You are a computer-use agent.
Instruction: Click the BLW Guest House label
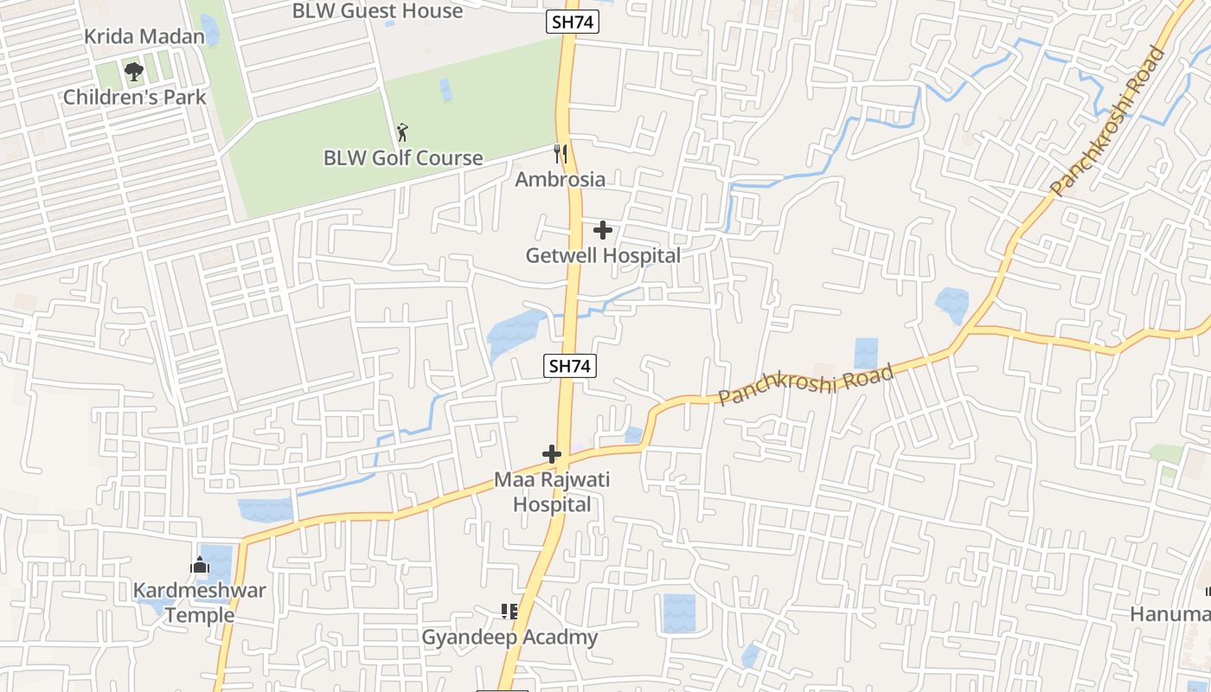pos(377,11)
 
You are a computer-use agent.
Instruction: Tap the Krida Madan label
pos(144,37)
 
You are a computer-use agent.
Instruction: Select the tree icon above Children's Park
pos(133,71)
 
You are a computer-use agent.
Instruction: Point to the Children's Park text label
pos(135,97)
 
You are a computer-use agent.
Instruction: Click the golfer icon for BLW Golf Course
pos(402,133)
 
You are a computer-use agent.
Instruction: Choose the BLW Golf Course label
pos(403,158)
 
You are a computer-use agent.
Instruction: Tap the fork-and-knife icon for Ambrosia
pos(561,154)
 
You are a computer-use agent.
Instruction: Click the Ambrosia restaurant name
pos(561,180)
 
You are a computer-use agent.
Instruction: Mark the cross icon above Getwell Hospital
pos(603,230)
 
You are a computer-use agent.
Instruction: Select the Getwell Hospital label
pos(603,256)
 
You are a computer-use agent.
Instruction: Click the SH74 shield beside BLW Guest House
pos(572,22)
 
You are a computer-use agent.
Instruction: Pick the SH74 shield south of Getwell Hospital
pos(570,366)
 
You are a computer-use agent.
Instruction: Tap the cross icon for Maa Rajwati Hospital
pos(552,453)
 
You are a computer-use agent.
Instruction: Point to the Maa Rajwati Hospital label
pos(553,492)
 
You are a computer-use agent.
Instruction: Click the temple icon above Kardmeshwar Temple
pos(201,566)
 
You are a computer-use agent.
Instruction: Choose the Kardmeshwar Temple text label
pos(200,603)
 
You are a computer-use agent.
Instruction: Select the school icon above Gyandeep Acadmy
pos(509,612)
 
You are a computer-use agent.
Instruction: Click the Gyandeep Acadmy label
pos(509,638)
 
